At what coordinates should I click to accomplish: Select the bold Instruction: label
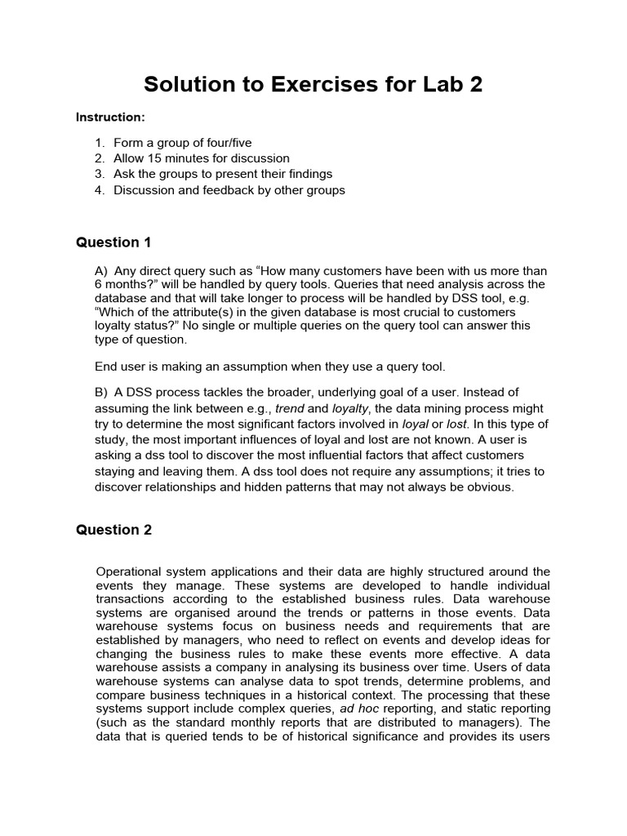(110, 118)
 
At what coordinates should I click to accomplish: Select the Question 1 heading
(108, 242)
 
